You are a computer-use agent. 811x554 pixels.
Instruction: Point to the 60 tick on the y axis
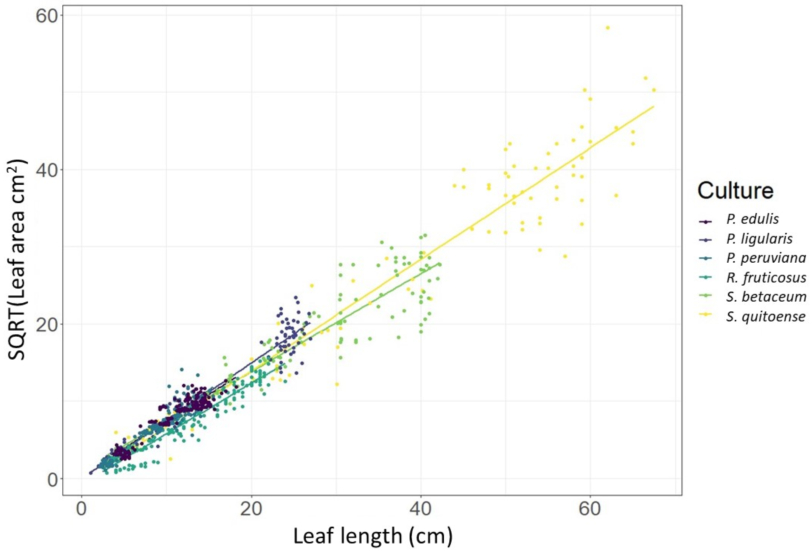[x=48, y=16]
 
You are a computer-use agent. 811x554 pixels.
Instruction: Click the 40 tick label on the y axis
[x=48, y=170]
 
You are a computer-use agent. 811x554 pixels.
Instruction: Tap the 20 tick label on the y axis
[x=48, y=324]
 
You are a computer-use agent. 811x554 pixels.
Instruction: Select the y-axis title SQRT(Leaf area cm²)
[x=17, y=260]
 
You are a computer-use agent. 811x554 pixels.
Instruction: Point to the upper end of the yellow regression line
[x=653, y=106]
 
